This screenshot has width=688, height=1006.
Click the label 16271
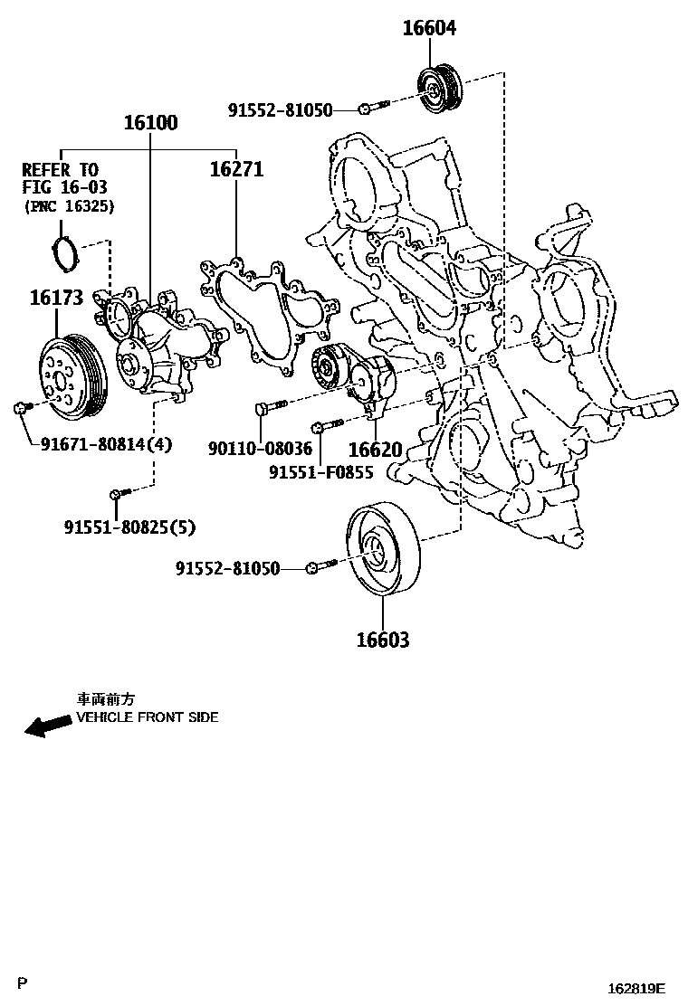236,168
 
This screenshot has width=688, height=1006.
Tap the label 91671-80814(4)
106,444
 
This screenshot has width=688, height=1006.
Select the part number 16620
375,450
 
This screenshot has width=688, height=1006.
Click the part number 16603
382,641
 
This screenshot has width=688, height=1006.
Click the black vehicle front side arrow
47,725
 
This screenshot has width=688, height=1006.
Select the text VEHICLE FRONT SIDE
147,717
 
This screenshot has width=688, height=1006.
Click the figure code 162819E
636,990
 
